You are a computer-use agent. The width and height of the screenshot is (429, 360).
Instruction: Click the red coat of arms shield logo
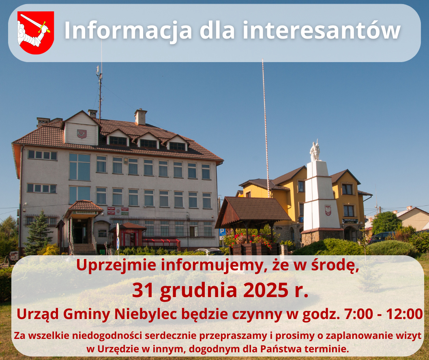click(x=35, y=32)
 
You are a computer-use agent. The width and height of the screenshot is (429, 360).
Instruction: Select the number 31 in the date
click(x=144, y=290)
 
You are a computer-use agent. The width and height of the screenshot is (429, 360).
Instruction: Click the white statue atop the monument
click(x=315, y=151)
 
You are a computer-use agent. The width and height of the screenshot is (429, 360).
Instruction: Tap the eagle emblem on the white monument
click(x=328, y=210)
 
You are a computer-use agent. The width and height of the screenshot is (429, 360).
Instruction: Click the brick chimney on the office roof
click(x=141, y=117)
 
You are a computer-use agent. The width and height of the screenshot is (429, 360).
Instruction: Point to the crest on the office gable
click(x=82, y=134)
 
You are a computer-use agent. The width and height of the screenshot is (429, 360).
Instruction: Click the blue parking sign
click(x=222, y=232)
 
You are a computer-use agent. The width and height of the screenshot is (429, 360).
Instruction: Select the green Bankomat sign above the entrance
click(x=85, y=212)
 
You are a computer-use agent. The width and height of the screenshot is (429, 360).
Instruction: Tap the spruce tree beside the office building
click(x=39, y=233)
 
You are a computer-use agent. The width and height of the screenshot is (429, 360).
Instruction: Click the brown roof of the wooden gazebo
click(x=253, y=209)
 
